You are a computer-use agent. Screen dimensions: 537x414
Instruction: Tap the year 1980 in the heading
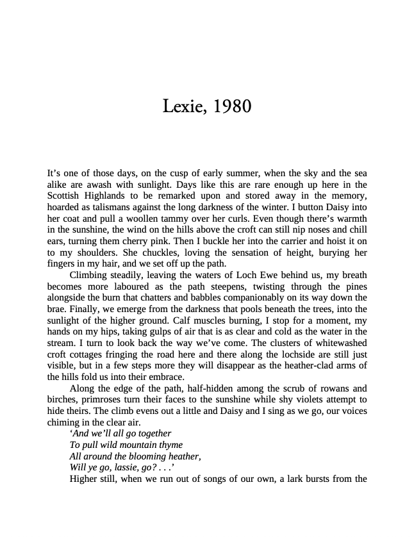click(232, 106)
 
